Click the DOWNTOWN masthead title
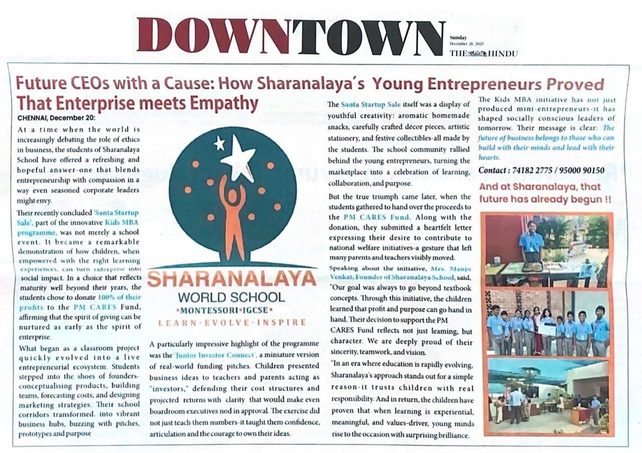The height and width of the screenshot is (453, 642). point(291,36)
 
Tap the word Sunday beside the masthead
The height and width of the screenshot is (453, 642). point(458,38)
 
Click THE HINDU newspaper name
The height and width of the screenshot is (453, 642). point(484,53)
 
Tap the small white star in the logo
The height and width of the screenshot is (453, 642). point(219,143)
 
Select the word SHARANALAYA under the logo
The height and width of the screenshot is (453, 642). point(231,279)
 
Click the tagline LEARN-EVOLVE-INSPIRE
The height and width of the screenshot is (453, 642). point(231,322)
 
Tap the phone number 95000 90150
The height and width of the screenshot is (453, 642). point(581,171)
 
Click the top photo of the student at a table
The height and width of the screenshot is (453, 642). point(546,251)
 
